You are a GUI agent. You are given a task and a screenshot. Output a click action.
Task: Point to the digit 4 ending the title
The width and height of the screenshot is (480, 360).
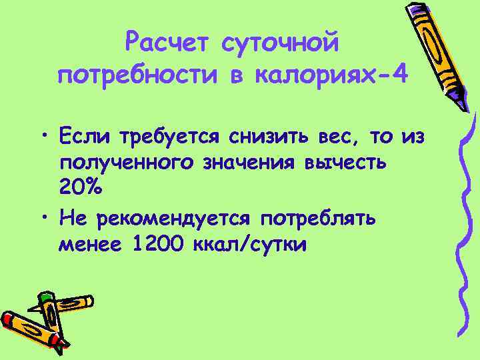(x=398, y=73)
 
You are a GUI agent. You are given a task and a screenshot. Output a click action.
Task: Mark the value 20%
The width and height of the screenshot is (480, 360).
(x=81, y=189)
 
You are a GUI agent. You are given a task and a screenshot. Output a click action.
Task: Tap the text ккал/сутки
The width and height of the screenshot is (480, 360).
(x=248, y=244)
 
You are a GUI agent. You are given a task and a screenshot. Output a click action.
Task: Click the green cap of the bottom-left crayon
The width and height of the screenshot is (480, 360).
(x=45, y=298)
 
